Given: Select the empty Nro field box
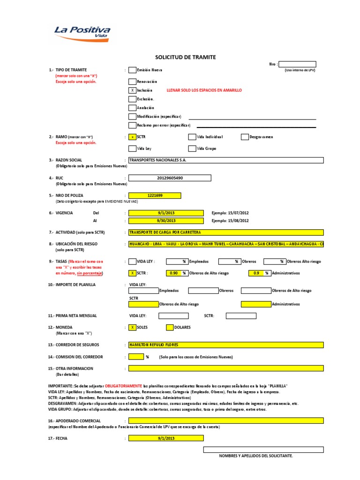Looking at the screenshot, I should coord(297,64).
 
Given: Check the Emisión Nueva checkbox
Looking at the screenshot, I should coord(132,70).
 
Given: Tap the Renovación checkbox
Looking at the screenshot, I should coord(132,81).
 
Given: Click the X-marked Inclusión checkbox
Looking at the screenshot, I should coord(132,90).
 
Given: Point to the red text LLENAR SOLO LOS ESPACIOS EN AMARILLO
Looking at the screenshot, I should coord(204,90).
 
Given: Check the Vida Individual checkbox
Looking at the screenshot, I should coord(192,137).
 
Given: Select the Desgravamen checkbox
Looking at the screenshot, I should coord(245,137).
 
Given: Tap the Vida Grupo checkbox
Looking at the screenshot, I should coord(192,149).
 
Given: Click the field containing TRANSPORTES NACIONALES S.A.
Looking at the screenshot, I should coord(225,160).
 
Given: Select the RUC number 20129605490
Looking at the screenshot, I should coord(170,178).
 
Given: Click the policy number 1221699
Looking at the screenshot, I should coord(155,195).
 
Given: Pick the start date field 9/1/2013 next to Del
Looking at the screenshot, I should coord(166,213).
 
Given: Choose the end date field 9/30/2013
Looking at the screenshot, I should coord(166,221).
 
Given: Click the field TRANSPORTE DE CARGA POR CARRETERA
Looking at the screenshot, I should coord(225,232).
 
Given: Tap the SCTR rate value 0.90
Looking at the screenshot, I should coord(173,273).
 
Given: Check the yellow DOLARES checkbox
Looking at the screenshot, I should coord(170,327).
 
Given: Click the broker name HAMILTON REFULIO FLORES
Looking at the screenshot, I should coord(225,345).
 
